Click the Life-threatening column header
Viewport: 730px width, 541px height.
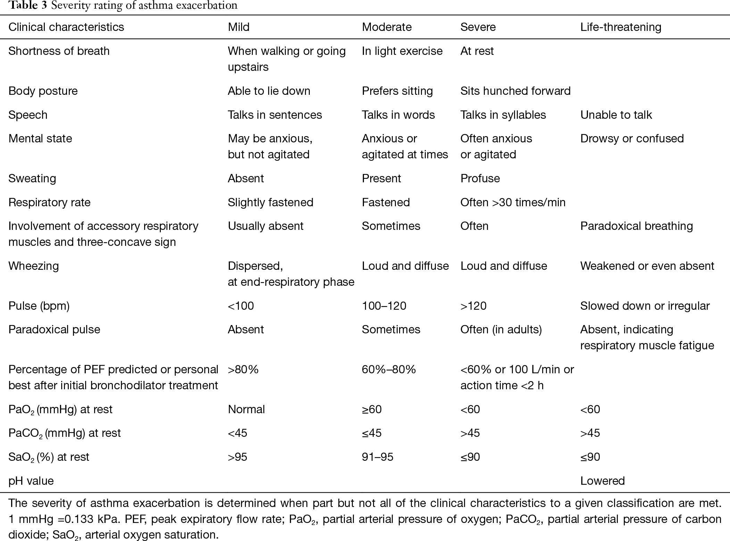tap(621, 27)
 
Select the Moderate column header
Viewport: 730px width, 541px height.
tap(387, 27)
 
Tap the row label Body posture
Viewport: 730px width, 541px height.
tap(43, 91)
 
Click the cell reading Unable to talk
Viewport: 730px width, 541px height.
tap(616, 115)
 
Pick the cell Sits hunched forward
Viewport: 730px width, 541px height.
tap(515, 91)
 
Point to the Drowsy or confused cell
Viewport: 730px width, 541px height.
tap(632, 139)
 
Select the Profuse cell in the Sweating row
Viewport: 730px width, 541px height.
tap(480, 178)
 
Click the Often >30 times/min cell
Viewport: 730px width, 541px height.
tap(513, 202)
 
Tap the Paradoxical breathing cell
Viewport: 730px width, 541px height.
tap(637, 226)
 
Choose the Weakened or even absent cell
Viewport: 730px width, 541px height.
tap(647, 266)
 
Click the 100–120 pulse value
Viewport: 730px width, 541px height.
tap(384, 306)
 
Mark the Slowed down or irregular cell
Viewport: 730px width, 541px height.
tap(645, 306)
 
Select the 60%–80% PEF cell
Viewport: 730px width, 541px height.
tap(389, 369)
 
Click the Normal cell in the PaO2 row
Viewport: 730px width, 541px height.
tap(246, 409)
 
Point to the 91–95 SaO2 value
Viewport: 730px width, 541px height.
tap(378, 457)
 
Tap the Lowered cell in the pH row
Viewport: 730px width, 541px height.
tap(603, 481)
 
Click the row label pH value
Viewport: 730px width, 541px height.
tap(31, 481)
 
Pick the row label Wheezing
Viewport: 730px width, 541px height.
tap(34, 266)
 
